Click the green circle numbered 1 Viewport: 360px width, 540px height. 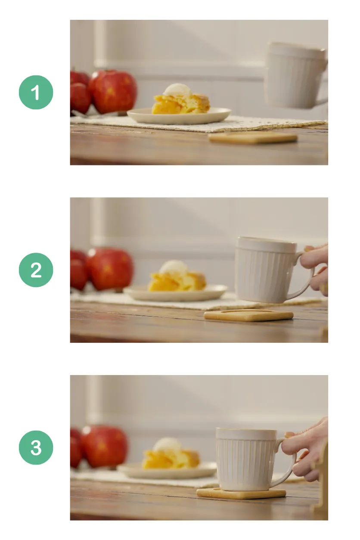[x=36, y=92]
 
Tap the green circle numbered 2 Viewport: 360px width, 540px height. [x=36, y=270]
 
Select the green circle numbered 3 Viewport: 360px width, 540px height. [x=36, y=448]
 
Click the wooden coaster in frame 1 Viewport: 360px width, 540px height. [x=253, y=138]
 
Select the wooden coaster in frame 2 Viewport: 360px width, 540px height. [x=248, y=316]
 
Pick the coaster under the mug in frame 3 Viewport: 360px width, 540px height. [x=241, y=494]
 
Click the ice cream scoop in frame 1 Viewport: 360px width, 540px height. [x=178, y=90]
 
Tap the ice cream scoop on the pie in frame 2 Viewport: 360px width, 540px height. [x=174, y=267]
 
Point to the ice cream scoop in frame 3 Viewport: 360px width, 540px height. [x=168, y=444]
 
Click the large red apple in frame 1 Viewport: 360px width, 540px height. [x=113, y=91]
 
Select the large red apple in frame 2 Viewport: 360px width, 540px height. [x=110, y=269]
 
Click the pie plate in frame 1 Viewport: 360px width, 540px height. [x=179, y=117]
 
